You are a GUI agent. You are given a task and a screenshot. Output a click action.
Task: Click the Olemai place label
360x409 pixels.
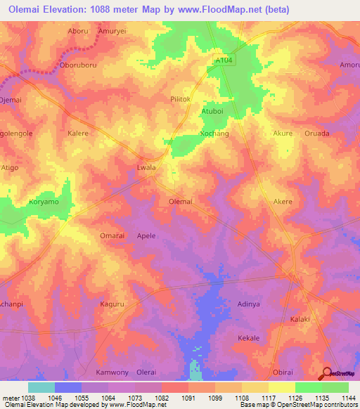(x=181, y=202)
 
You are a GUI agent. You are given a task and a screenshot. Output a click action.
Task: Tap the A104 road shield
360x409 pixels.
(x=224, y=61)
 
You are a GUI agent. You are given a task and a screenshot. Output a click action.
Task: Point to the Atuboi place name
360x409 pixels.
(x=212, y=111)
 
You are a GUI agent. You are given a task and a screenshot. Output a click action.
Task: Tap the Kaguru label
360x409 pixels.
(x=112, y=304)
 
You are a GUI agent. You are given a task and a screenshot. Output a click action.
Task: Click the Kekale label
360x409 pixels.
(x=248, y=338)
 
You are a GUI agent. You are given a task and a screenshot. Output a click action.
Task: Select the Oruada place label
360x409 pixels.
(x=316, y=133)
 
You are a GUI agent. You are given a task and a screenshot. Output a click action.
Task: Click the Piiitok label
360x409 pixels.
(x=181, y=100)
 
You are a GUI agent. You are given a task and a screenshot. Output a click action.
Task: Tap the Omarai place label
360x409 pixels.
(x=112, y=236)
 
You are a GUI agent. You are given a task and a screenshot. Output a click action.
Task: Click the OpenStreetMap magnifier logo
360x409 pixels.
(x=327, y=373)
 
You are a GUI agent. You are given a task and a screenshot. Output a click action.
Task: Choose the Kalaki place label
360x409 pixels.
(x=301, y=319)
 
